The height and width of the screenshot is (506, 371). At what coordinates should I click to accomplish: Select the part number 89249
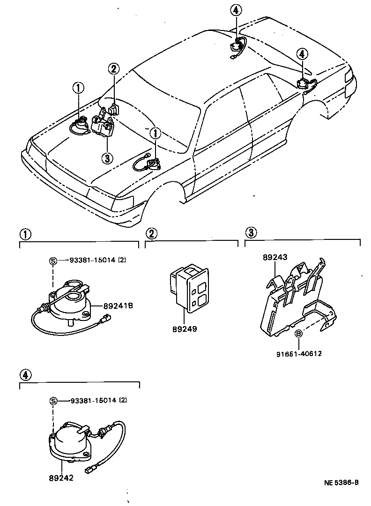184,329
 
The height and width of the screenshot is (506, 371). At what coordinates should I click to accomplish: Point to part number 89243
275,257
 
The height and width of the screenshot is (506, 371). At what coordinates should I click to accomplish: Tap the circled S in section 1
53,260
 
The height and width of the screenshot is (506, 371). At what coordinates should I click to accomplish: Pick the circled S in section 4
53,401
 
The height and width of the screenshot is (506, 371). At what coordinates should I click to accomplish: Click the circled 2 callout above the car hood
114,69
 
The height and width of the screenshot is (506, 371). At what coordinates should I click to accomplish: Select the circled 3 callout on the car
107,158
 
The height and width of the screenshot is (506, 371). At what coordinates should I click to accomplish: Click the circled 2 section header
151,233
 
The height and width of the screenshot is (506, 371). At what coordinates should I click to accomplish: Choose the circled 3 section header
251,232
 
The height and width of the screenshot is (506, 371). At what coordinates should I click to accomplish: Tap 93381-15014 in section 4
98,401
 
